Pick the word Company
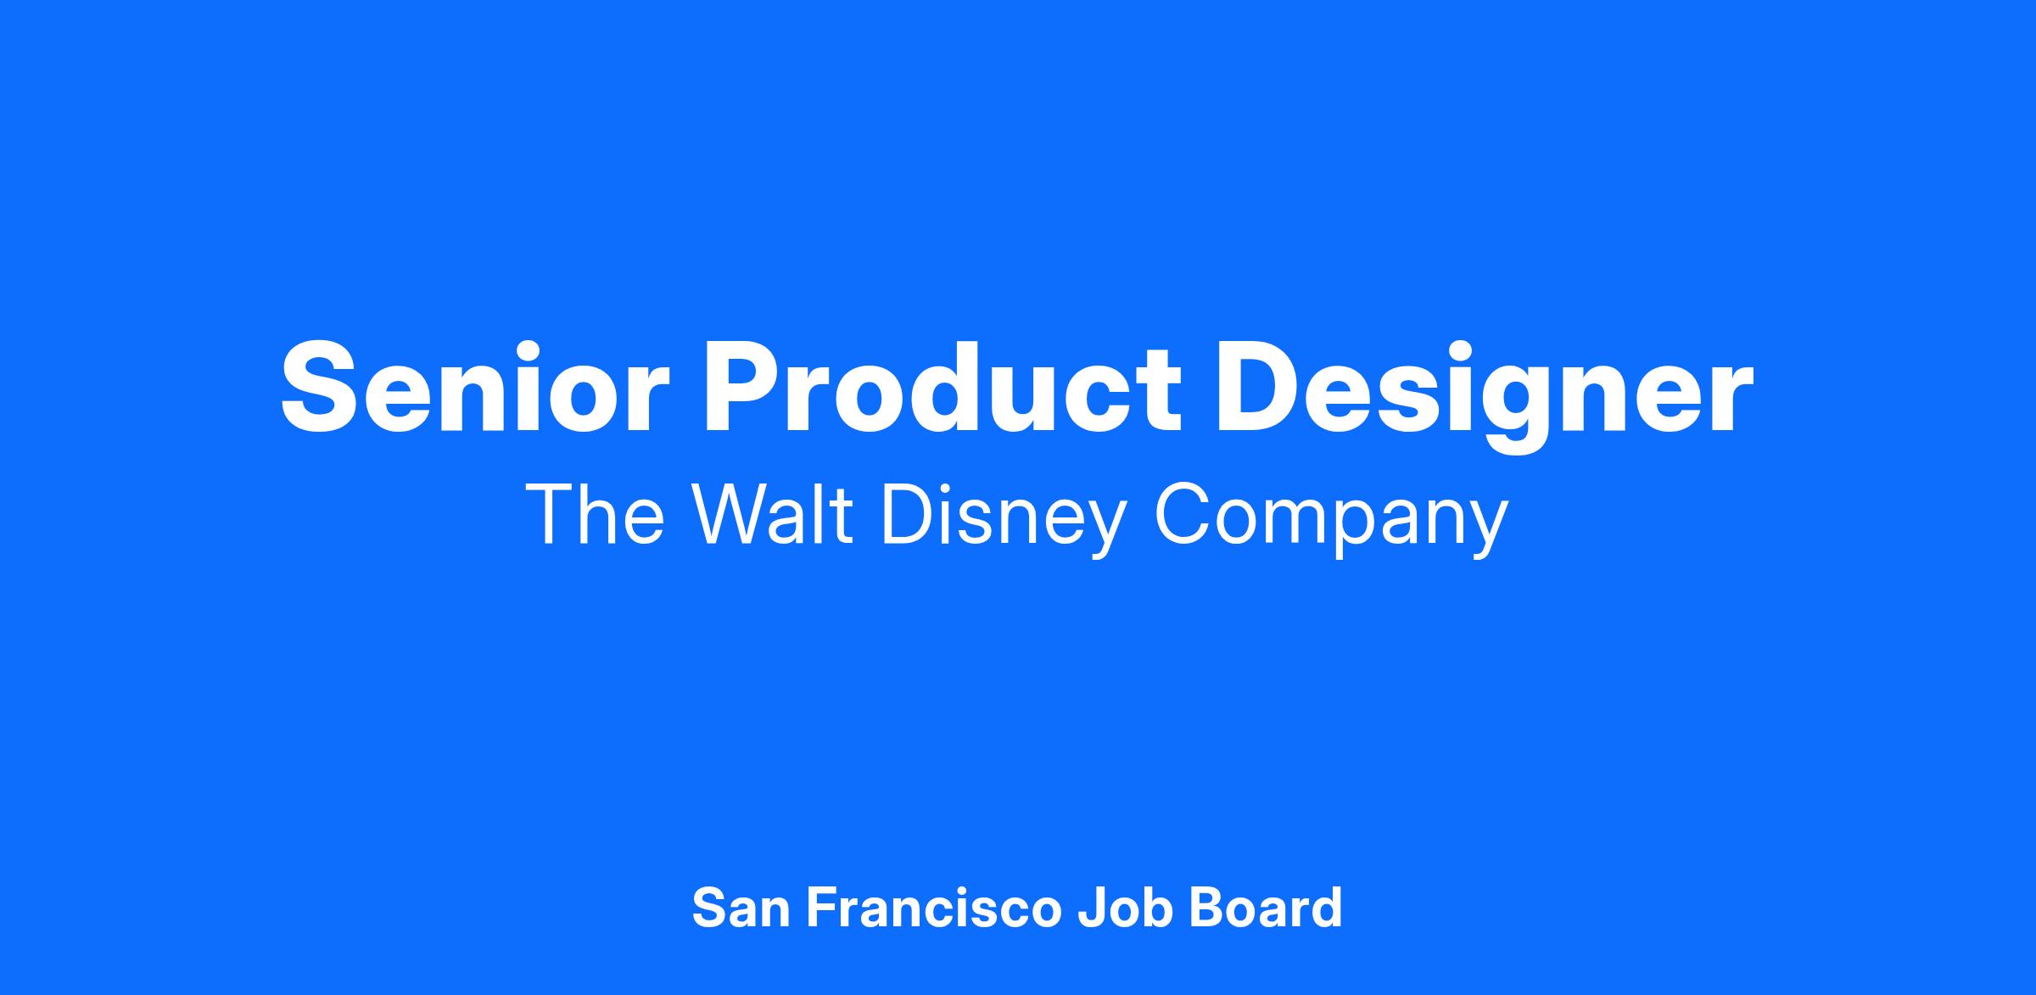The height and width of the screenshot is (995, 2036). (1332, 521)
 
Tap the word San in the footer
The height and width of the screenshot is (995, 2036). (741, 908)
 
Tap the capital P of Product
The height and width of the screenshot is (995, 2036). (738, 388)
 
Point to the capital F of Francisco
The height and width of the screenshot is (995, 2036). (821, 908)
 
